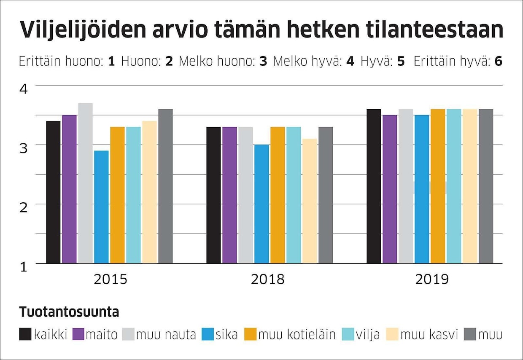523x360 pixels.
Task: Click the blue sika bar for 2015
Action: click(x=101, y=207)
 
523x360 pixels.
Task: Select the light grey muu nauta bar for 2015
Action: click(x=85, y=183)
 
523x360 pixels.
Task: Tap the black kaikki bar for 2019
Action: click(x=374, y=186)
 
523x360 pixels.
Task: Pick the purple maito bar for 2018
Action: click(x=229, y=195)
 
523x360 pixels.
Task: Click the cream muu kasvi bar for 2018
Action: click(x=310, y=201)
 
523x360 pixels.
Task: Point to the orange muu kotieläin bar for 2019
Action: click(x=438, y=186)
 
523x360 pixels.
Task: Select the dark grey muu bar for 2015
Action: click(x=165, y=186)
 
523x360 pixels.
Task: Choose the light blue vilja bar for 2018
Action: click(x=294, y=195)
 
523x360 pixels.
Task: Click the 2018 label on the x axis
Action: click(x=267, y=279)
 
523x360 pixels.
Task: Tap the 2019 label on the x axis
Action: click(x=432, y=279)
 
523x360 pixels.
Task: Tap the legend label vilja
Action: click(x=368, y=335)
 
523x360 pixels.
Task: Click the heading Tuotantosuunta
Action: click(x=69, y=312)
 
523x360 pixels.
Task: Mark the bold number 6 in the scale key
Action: click(x=498, y=62)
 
